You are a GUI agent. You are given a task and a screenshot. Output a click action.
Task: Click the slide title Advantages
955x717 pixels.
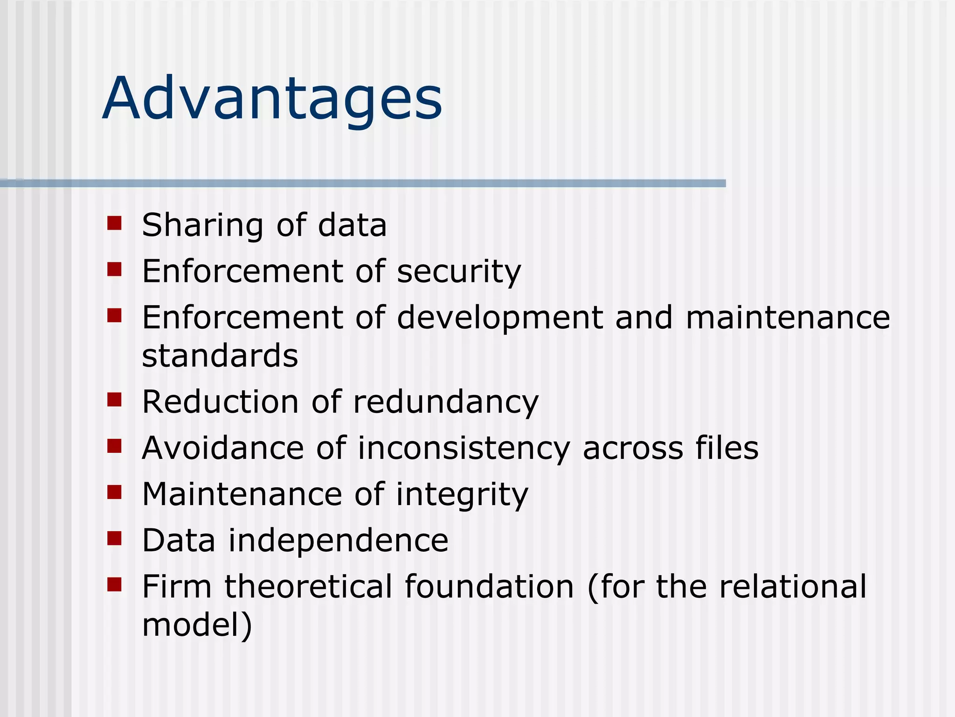coord(272,99)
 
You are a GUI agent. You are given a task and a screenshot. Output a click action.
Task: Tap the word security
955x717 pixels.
coord(459,272)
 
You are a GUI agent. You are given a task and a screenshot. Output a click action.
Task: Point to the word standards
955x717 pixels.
coord(220,356)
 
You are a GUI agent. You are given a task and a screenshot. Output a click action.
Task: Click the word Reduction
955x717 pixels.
coord(220,402)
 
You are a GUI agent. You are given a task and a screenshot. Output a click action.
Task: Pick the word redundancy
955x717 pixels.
coord(445,402)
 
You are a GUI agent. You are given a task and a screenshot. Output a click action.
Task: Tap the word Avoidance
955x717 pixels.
coord(223,448)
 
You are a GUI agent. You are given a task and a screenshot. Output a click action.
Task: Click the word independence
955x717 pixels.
coord(338,541)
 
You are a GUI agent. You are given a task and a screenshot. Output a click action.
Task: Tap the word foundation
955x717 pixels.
coord(489,587)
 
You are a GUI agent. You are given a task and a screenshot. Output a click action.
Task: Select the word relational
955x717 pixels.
coord(793,587)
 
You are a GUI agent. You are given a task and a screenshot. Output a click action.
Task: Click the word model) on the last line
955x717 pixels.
coord(197,625)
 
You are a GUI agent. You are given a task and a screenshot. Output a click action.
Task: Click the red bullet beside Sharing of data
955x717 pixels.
coord(114,223)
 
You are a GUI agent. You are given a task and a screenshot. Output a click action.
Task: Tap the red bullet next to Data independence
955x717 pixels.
coord(114,538)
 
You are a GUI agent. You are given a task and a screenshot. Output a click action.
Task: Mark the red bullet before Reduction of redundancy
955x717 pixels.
coord(114,400)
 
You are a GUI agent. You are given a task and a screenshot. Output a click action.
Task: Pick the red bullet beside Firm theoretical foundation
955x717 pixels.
coord(114,584)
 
